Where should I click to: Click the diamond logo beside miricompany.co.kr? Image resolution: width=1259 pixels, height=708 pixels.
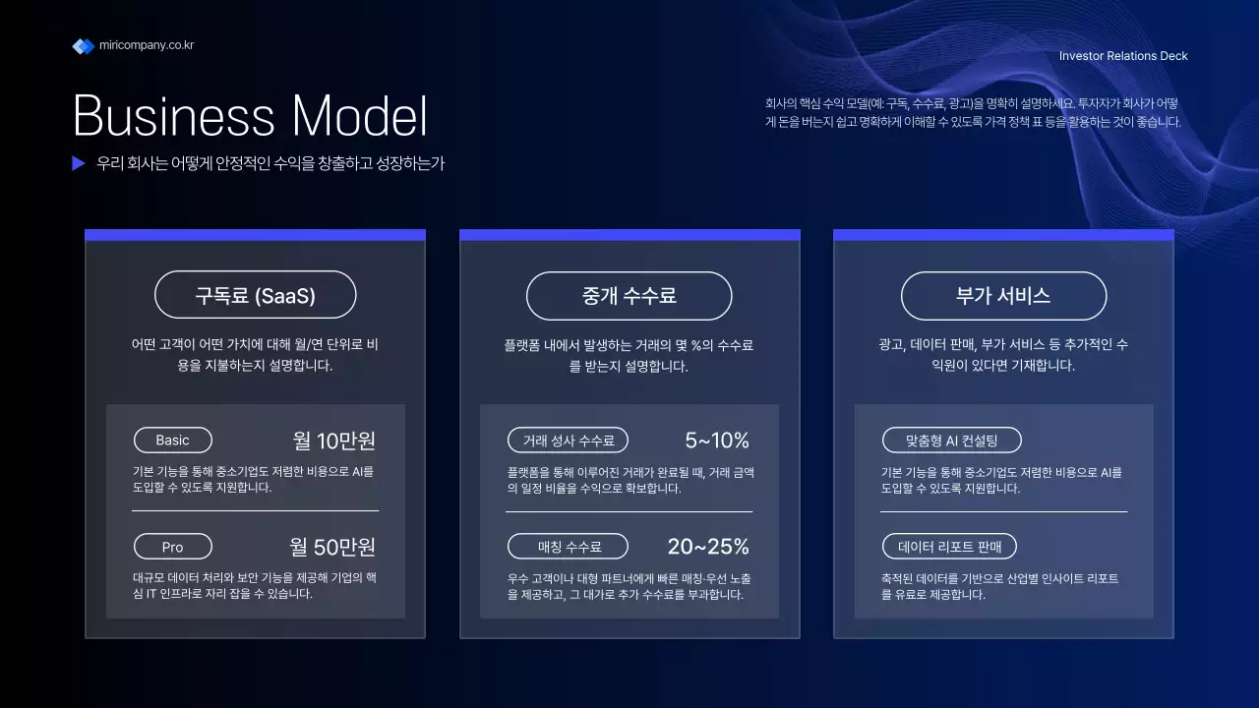coord(83,46)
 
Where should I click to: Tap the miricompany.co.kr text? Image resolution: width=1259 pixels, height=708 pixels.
coord(147,45)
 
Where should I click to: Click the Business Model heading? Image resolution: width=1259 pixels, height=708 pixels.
coord(250,116)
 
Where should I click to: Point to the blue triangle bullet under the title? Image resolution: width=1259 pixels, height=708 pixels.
coord(79,163)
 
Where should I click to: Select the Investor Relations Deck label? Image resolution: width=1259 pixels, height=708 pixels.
coord(1123,56)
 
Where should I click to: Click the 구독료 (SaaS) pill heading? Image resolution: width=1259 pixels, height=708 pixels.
coord(256,295)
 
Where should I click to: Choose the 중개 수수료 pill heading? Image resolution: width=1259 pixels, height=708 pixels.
coord(629,295)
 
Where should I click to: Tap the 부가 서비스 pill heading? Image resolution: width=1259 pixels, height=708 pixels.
coord(1003,295)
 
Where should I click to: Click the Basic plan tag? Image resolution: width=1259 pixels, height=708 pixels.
coord(172,440)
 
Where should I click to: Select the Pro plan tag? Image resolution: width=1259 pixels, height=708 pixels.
coord(172,547)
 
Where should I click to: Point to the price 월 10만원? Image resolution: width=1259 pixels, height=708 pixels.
coord(334,440)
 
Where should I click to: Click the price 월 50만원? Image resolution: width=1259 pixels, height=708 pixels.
coord(332,547)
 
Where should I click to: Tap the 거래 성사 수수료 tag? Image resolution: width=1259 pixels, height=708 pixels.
coord(568,440)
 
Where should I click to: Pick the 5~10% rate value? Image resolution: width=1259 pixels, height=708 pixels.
coord(717,440)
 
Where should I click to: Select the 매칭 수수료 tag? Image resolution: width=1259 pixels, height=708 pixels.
coord(568,547)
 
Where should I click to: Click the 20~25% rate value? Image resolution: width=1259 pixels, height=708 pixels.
coord(708,547)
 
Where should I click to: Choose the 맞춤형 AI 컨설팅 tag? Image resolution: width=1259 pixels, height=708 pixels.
coord(951,440)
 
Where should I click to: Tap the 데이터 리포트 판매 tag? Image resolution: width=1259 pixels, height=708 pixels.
coord(948,547)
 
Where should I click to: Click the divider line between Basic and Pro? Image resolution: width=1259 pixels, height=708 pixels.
coord(255,511)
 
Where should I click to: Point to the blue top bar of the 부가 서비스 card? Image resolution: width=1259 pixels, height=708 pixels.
coord(1003,235)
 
